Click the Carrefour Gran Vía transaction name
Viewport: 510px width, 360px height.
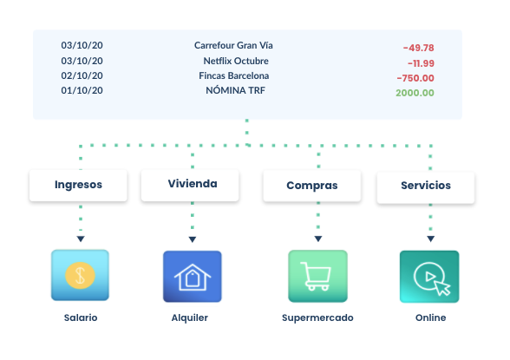[239, 45]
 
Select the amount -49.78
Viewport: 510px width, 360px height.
[418, 48]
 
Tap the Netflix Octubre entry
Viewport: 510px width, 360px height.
[236, 61]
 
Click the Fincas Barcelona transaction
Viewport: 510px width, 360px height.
[234, 75]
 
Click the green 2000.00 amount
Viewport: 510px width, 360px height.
[415, 93]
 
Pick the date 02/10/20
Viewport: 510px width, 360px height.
[82, 75]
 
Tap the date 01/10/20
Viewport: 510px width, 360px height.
[82, 90]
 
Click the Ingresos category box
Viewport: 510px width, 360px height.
[79, 185]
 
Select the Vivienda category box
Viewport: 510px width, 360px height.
[192, 184]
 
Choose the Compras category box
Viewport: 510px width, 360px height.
[312, 186]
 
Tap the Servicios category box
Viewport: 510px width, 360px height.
[426, 186]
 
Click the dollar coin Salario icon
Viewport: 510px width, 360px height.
[80, 276]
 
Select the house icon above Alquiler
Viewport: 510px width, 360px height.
[193, 277]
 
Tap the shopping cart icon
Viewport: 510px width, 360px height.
[317, 277]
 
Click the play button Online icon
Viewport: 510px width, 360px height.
[429, 277]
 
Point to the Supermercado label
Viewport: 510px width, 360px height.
[317, 318]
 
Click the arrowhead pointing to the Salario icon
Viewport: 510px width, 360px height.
[80, 239]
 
